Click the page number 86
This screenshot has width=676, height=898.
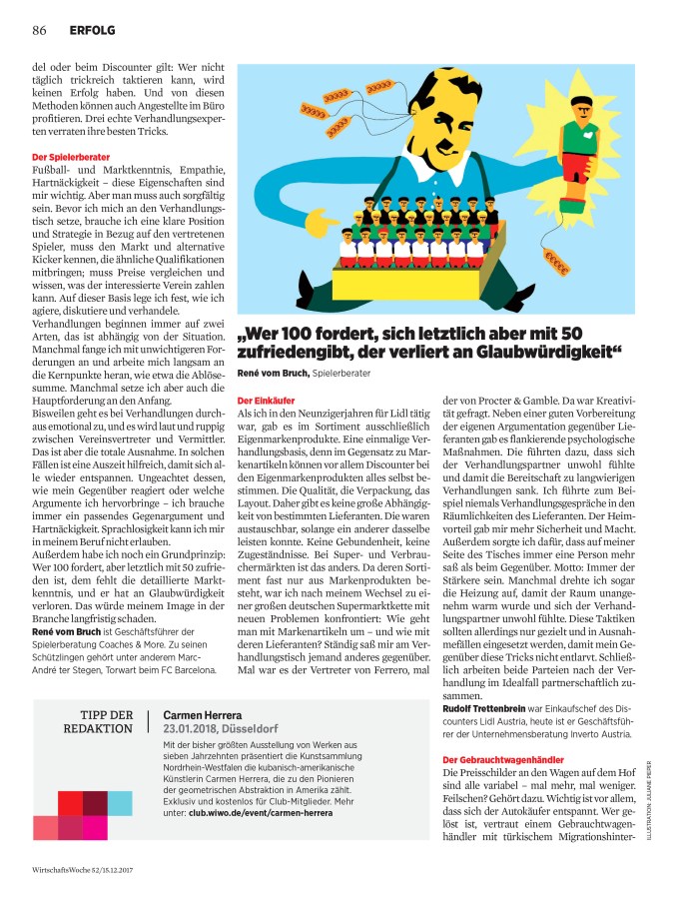point(40,29)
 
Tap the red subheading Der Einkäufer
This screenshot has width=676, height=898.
point(265,400)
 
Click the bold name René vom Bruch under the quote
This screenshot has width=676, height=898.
point(273,373)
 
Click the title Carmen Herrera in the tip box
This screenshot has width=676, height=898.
point(203,716)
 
